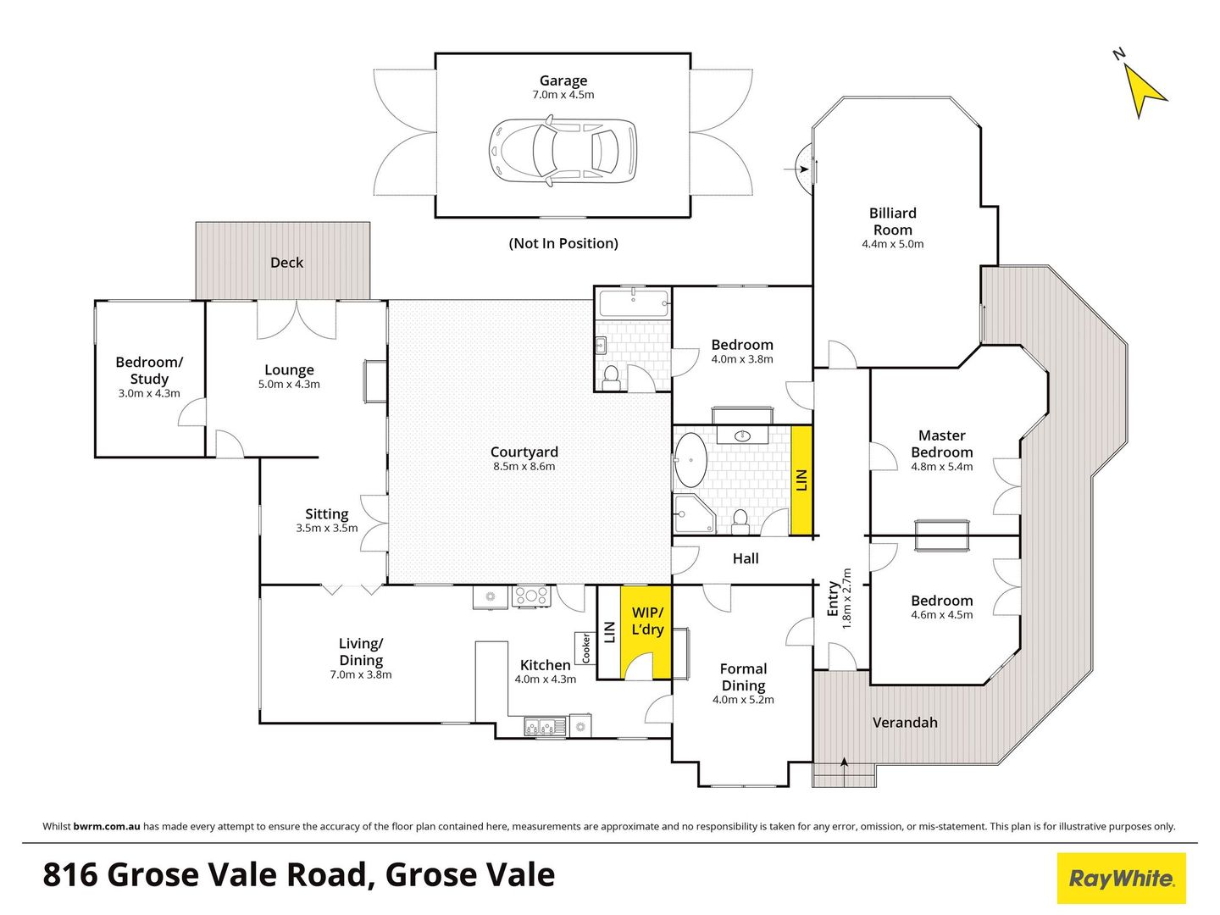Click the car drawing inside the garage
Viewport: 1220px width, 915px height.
click(x=563, y=151)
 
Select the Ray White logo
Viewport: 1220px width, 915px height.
click(x=1121, y=879)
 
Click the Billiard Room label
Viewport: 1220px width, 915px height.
click(x=892, y=222)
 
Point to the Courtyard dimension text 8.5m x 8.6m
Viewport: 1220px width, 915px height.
click(x=524, y=467)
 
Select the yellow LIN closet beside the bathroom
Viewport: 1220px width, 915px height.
click(x=801, y=480)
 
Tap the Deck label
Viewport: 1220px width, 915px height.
click(x=286, y=263)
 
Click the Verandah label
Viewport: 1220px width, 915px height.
click(x=905, y=723)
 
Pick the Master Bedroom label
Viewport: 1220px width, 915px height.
click(x=941, y=444)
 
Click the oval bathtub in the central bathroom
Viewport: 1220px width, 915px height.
click(x=690, y=461)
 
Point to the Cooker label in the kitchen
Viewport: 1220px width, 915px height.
click(x=585, y=648)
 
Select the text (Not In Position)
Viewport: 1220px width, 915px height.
click(x=563, y=244)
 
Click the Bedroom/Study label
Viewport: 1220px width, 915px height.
click(x=149, y=370)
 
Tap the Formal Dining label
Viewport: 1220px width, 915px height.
click(x=743, y=677)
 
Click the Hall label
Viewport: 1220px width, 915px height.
click(x=746, y=558)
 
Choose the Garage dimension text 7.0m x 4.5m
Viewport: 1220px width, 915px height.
click(x=563, y=95)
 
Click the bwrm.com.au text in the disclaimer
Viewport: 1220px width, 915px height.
click(x=107, y=826)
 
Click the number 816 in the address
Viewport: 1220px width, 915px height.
click(x=69, y=874)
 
